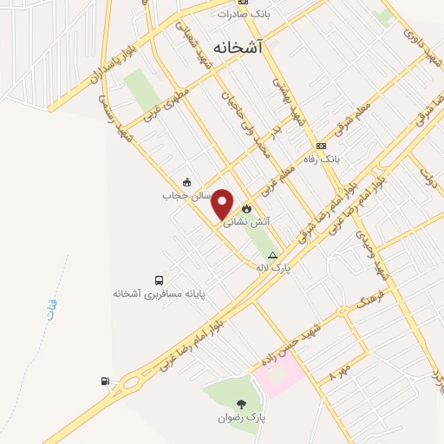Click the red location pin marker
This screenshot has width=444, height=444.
pyautogui.click(x=223, y=204)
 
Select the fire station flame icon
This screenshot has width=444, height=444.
pyautogui.click(x=247, y=208)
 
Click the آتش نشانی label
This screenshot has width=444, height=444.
pyautogui.click(x=247, y=222)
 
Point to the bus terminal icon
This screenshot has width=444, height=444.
pyautogui.click(x=159, y=280)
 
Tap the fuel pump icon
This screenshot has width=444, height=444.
pyautogui.click(x=105, y=380)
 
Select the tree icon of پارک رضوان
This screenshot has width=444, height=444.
pyautogui.click(x=241, y=404)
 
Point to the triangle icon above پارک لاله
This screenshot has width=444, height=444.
pyautogui.click(x=273, y=255)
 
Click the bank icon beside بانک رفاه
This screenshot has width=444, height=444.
pyautogui.click(x=322, y=146)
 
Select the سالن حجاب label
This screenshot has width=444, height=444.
pyautogui.click(x=181, y=196)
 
